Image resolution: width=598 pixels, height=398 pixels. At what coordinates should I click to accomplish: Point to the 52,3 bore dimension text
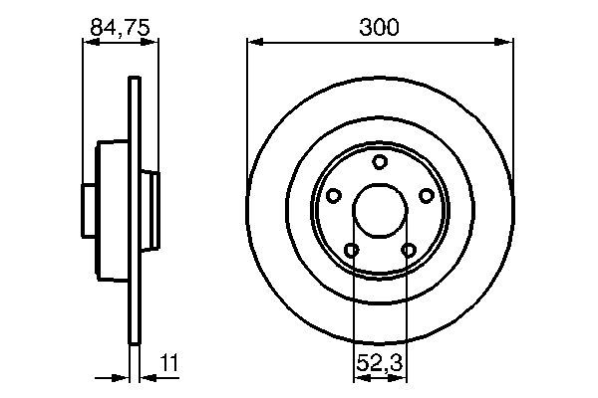point(379,366)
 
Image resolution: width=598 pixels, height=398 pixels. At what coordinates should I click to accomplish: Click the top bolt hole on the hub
point(379,163)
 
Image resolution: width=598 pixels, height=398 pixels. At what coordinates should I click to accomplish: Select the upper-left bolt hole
point(335,196)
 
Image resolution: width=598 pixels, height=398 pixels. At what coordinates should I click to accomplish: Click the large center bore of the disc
point(379,211)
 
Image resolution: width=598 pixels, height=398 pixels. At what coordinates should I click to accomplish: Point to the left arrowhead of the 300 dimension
point(252,42)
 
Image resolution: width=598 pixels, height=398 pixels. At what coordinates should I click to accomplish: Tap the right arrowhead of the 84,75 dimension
point(153,42)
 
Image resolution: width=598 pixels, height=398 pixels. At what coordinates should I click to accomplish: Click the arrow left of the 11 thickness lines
point(122,378)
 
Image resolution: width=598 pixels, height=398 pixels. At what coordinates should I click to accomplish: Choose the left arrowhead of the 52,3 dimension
point(358,378)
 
